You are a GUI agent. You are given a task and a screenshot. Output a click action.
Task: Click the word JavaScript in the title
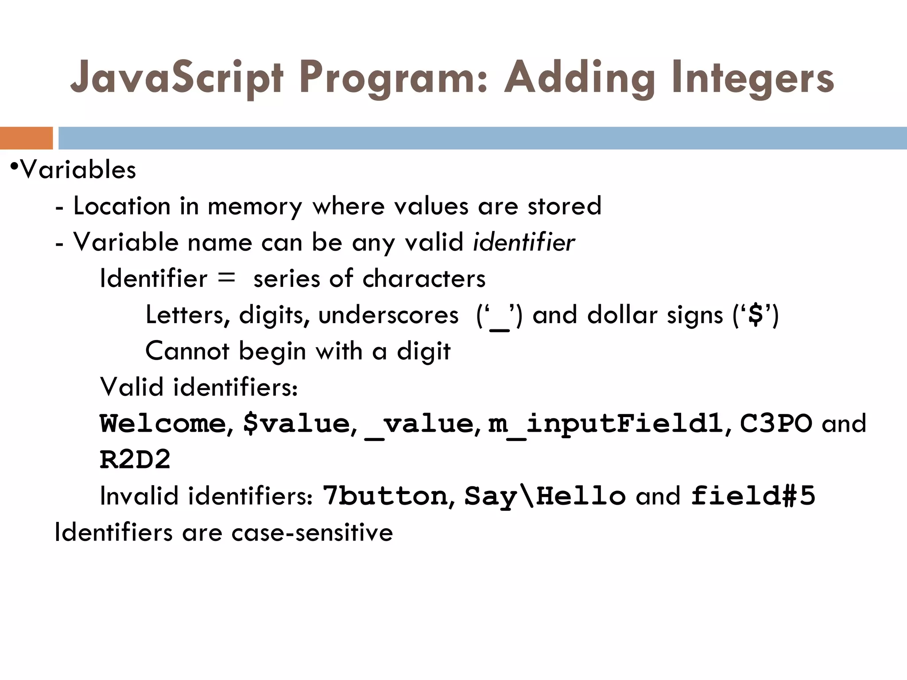[x=176, y=79]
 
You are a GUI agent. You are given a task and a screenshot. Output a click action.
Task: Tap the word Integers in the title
[x=752, y=79]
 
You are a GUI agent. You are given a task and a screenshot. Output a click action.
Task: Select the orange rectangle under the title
[x=26, y=138]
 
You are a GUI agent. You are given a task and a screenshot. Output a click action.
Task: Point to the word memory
[x=255, y=206]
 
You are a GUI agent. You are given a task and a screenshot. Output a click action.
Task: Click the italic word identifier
[x=524, y=243]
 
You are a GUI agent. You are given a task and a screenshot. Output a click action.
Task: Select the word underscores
[x=388, y=315]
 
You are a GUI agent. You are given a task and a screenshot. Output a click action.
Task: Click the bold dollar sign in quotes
[x=756, y=315]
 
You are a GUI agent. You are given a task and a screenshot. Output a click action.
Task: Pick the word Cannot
[x=187, y=352]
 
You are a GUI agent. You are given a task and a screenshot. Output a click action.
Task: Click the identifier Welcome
[x=163, y=424]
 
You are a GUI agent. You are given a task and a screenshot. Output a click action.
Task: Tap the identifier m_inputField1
[x=605, y=424]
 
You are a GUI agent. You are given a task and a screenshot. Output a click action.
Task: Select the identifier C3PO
[x=776, y=424]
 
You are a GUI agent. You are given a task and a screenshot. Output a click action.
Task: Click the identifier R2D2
[x=135, y=460]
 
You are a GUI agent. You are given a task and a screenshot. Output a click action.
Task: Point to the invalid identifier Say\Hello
[x=545, y=496]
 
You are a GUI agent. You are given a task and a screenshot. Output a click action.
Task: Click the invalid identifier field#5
[x=753, y=496]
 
